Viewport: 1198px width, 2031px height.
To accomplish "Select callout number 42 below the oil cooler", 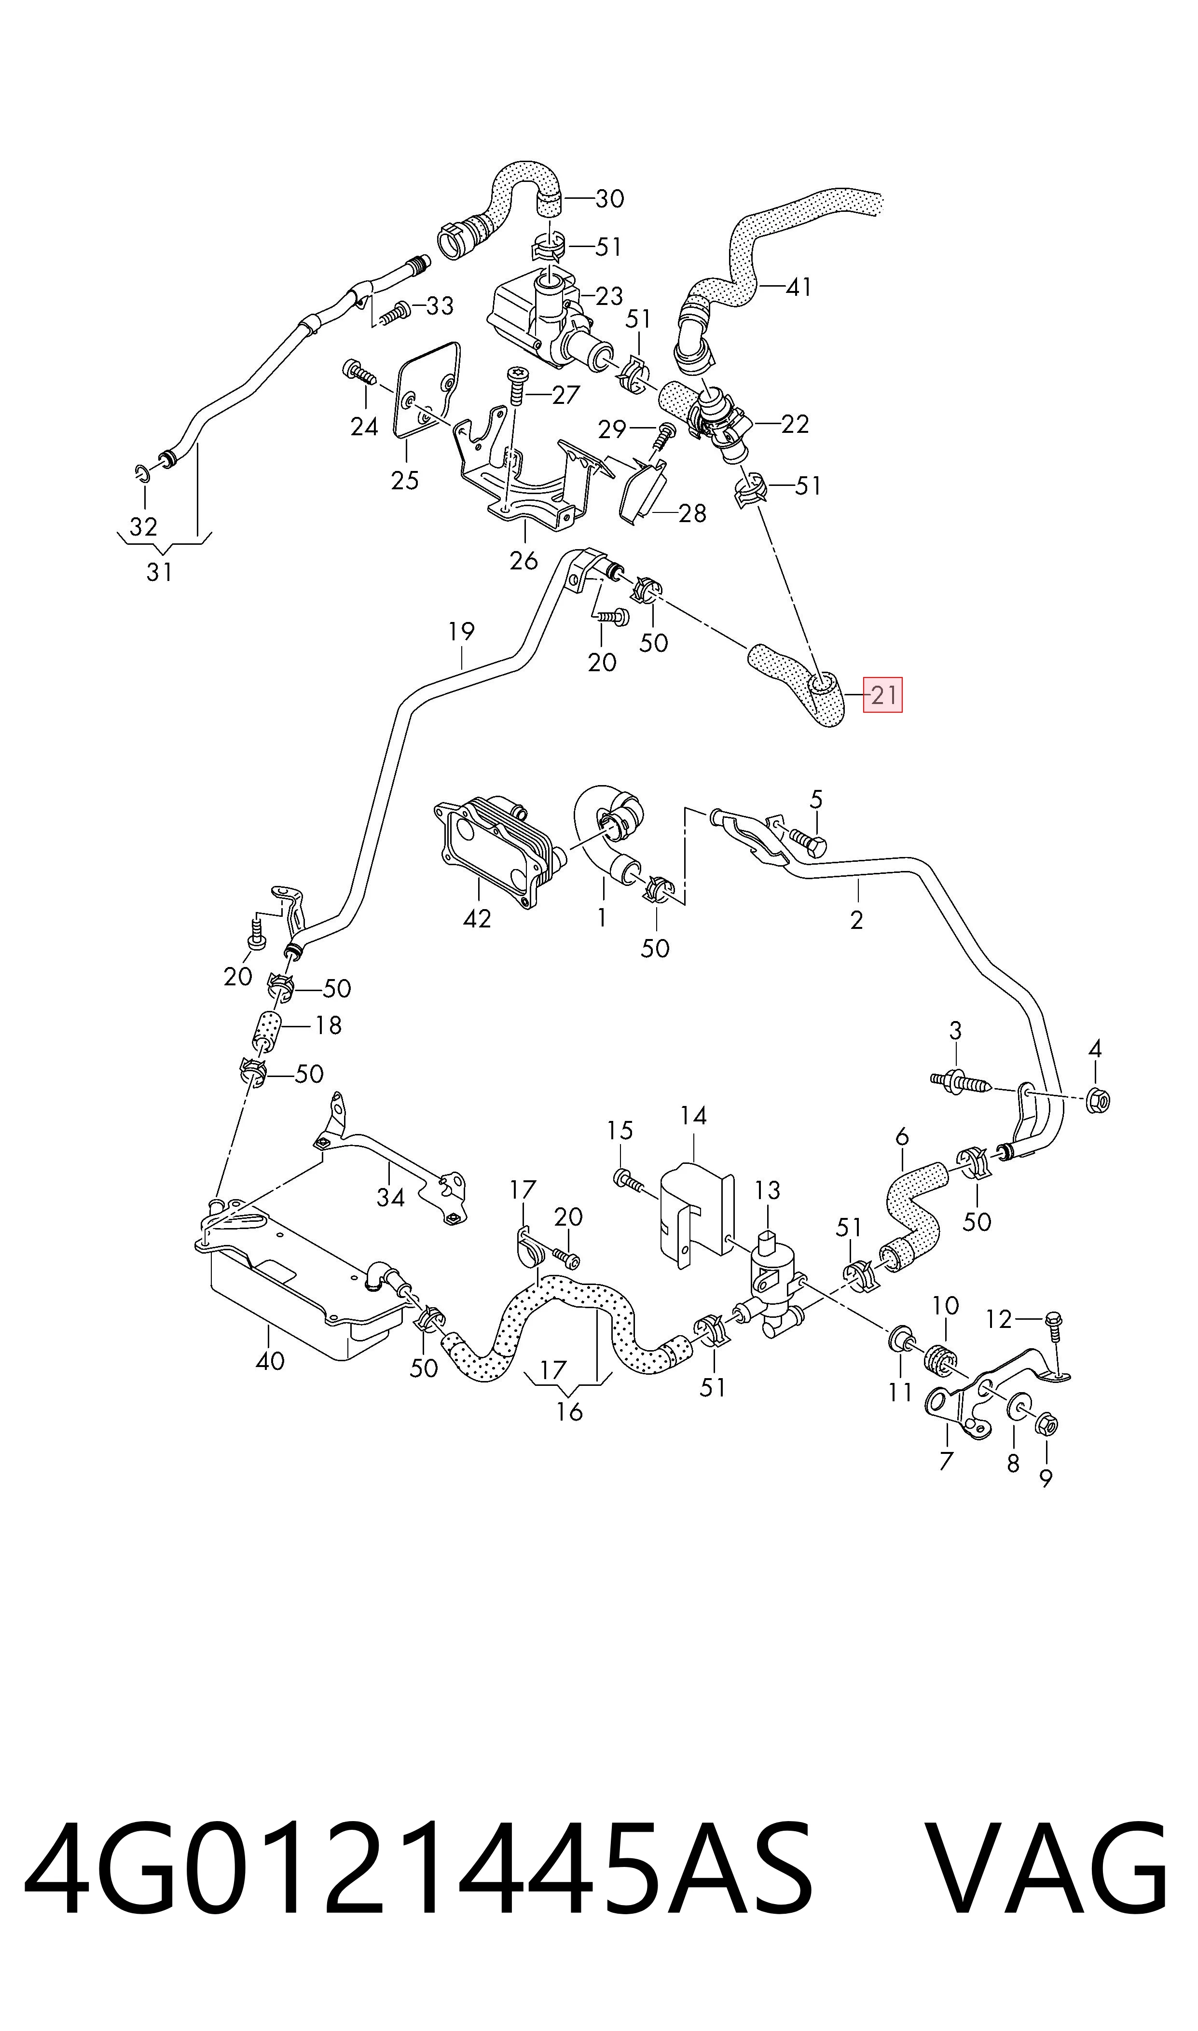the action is (x=477, y=919).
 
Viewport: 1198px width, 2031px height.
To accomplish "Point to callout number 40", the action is (x=270, y=1360).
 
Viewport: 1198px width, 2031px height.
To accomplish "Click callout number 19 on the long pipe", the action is (x=462, y=631).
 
